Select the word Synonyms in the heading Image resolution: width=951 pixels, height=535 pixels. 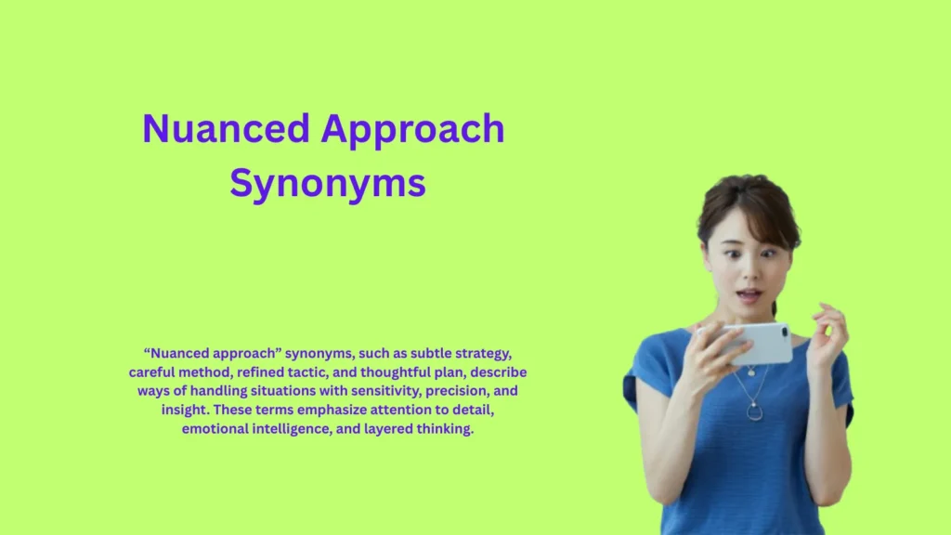pos(328,183)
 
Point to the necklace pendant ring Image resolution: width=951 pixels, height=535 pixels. pos(754,411)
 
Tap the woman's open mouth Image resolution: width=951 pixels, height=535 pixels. pos(749,295)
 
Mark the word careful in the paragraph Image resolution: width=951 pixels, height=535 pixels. pos(153,372)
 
